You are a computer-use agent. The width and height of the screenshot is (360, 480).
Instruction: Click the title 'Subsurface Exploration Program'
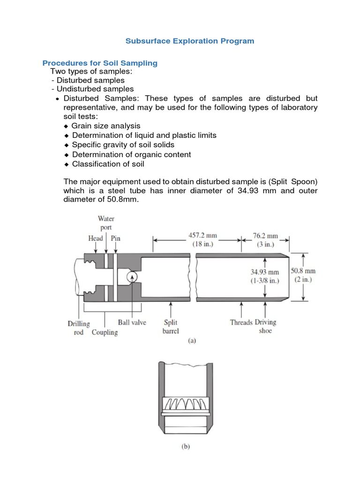coord(190,41)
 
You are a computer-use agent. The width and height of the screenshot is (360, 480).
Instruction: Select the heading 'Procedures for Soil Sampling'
coord(100,63)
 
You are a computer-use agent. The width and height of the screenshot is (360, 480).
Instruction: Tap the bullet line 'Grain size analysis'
coord(105,126)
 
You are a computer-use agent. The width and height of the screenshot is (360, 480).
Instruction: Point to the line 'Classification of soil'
coord(108,164)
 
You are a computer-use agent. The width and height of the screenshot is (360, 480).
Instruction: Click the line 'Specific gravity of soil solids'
coord(123,145)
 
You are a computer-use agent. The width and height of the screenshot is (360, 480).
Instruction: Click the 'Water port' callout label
coord(106,222)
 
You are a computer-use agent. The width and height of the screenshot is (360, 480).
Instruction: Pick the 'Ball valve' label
coord(132,323)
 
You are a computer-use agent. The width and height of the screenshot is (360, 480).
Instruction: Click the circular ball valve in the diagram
coord(132,277)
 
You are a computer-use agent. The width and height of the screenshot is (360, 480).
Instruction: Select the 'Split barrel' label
coord(170,327)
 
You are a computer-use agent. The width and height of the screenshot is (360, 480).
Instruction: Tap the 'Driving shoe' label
coord(265,326)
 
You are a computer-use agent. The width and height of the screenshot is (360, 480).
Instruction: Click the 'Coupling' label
coord(105,332)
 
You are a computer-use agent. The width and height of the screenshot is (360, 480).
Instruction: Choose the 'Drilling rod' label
coord(78,328)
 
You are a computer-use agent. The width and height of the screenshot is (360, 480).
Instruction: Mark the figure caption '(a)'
coord(192,341)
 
